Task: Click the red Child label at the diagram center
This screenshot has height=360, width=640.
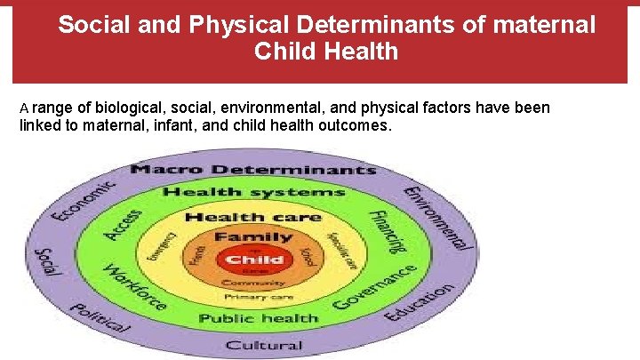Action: pyautogui.click(x=255, y=260)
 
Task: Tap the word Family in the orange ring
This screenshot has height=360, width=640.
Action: pyautogui.click(x=253, y=237)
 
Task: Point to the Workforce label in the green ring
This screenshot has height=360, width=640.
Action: pyautogui.click(x=134, y=287)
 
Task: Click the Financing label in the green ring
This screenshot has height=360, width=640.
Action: pyautogui.click(x=388, y=231)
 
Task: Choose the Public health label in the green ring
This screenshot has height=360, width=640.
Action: pyautogui.click(x=259, y=318)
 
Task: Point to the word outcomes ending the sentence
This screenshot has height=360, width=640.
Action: pyautogui.click(x=359, y=125)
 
